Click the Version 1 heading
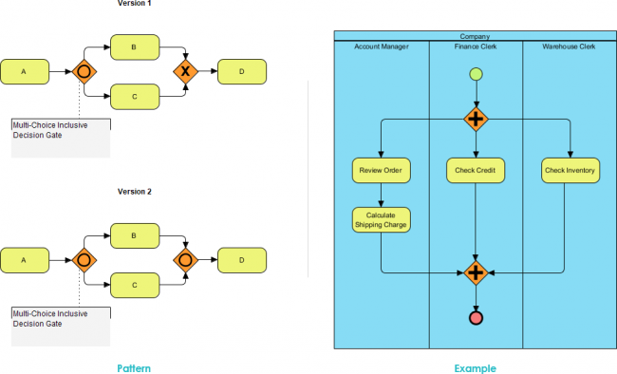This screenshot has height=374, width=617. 134,4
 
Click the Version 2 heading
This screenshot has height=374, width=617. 134,192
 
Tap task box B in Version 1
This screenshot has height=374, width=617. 134,47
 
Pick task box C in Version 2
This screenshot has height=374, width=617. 134,283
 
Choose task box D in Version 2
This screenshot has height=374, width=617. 242,258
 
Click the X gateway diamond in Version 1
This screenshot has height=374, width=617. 185,71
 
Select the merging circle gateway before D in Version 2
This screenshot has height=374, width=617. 185,258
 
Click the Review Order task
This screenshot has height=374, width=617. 381,171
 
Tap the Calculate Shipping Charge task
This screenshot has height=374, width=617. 381,219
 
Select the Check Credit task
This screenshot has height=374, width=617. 476,171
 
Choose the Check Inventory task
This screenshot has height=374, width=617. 570,171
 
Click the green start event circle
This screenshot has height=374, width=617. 476,74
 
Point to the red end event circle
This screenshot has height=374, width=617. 476,318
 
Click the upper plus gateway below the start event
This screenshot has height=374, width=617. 476,120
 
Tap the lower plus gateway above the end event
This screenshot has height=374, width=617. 476,272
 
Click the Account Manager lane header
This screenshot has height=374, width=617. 381,46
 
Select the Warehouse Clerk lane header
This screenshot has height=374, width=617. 570,46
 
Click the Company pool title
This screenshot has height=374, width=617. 475,36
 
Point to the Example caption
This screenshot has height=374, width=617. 475,367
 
